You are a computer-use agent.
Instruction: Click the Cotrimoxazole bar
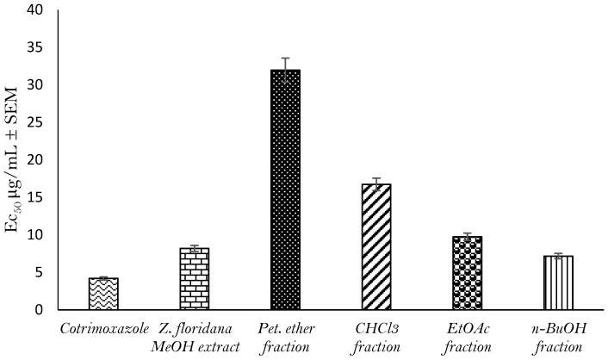[103, 294]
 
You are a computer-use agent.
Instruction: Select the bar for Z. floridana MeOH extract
[195, 278]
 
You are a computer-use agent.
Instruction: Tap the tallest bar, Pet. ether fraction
[285, 189]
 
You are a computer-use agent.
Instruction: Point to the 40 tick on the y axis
[35, 10]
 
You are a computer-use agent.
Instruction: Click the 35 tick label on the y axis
[35, 47]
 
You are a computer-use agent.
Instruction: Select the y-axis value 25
[35, 122]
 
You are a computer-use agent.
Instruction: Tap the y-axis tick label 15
[35, 197]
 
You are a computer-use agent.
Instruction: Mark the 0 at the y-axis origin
[40, 310]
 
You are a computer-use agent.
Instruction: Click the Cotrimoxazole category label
[103, 329]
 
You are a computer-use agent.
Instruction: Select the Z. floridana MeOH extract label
[195, 337]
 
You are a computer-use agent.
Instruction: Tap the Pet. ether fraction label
[285, 337]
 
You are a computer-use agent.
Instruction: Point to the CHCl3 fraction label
[376, 337]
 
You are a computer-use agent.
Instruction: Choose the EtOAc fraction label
[468, 337]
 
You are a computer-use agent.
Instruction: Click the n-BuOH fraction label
[558, 337]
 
